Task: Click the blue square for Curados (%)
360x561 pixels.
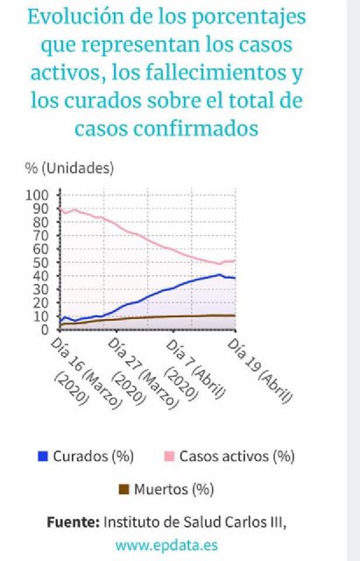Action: [x=42, y=457]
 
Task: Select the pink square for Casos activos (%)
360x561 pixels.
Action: [x=168, y=457]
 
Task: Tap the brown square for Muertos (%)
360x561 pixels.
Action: [x=124, y=489]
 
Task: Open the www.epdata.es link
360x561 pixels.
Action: [x=166, y=544]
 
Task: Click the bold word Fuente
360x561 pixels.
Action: [x=73, y=522]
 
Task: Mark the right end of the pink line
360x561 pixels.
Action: [x=235, y=260]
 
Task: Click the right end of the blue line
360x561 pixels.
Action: [x=235, y=278]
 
